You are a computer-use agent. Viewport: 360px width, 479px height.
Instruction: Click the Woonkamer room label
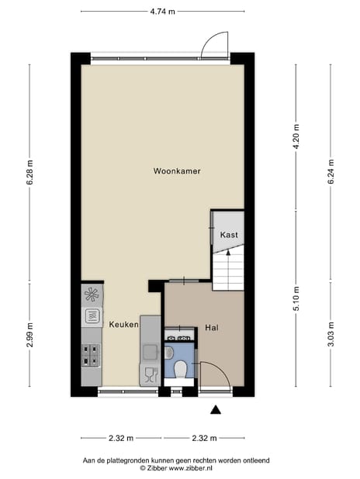[177, 171]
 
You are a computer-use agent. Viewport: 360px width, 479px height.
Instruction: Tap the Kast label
[229, 234]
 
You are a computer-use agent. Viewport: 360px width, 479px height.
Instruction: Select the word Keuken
[123, 324]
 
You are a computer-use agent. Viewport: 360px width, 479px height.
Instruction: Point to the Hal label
[212, 327]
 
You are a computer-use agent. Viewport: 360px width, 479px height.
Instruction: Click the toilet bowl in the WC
[180, 370]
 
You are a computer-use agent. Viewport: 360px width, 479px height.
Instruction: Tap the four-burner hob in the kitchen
[91, 355]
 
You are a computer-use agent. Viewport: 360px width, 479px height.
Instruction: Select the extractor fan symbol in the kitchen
[91, 294]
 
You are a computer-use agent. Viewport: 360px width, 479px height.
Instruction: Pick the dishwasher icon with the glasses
[149, 375]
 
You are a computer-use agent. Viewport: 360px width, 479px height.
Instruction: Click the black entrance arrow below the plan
[216, 409]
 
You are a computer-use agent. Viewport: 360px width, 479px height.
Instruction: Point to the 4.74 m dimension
[162, 12]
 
